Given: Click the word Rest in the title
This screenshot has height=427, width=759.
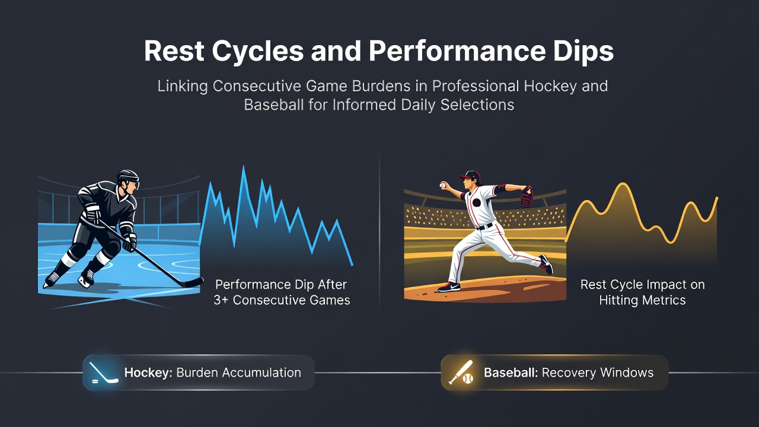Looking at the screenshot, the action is click(x=174, y=51).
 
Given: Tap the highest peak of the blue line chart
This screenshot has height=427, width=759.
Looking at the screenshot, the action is click(x=244, y=167).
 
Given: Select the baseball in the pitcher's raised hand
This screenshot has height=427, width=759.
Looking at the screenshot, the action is click(x=442, y=186).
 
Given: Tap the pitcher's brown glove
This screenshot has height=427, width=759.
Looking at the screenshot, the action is click(x=527, y=196).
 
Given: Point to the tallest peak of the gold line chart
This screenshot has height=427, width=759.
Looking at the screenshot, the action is click(x=623, y=184).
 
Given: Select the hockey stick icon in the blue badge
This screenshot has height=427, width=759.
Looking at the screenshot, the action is click(x=103, y=373).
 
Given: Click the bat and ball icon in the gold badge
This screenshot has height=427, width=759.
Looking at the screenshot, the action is click(x=461, y=372).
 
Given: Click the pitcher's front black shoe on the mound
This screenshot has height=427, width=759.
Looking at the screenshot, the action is click(x=449, y=288).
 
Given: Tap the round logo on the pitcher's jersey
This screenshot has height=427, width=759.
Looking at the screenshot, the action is click(x=476, y=203).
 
